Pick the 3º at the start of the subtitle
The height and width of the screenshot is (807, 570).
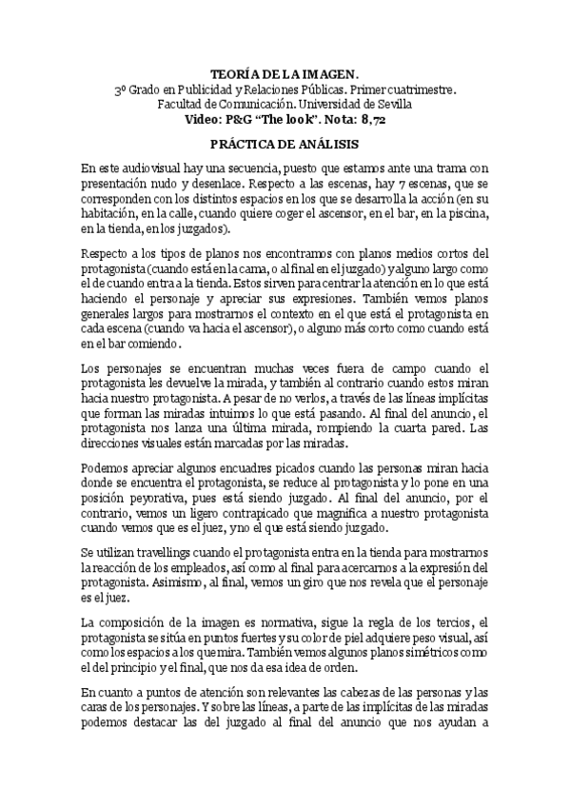coord(121,89)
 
